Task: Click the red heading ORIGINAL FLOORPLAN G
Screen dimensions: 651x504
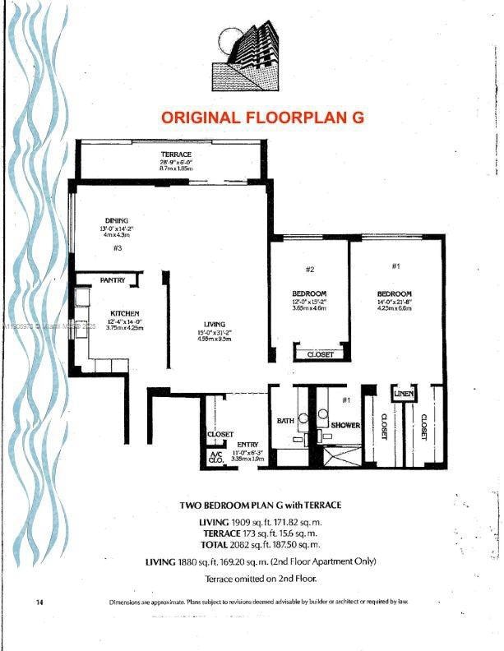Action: (262, 118)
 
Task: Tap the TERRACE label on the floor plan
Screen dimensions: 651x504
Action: (176, 155)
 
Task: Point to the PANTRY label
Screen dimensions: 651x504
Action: (113, 280)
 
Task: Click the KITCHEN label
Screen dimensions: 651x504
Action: (125, 313)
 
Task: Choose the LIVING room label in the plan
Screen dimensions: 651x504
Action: (215, 324)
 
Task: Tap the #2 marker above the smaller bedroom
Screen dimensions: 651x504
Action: (310, 269)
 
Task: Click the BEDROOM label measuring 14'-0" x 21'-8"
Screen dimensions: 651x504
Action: (395, 294)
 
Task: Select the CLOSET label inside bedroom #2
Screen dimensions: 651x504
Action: (320, 354)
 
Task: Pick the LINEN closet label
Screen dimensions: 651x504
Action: (403, 395)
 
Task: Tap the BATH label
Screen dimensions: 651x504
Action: (285, 421)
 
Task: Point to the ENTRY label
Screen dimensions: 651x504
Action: (247, 445)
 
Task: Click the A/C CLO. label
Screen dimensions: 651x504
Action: (216, 458)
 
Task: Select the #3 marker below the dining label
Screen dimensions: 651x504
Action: (118, 247)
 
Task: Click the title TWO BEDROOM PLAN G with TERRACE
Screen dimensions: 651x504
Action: (260, 505)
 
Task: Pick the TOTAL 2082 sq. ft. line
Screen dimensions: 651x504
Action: (260, 544)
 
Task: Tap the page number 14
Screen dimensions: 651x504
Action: (39, 602)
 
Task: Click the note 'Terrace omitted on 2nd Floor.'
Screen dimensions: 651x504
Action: (260, 579)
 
